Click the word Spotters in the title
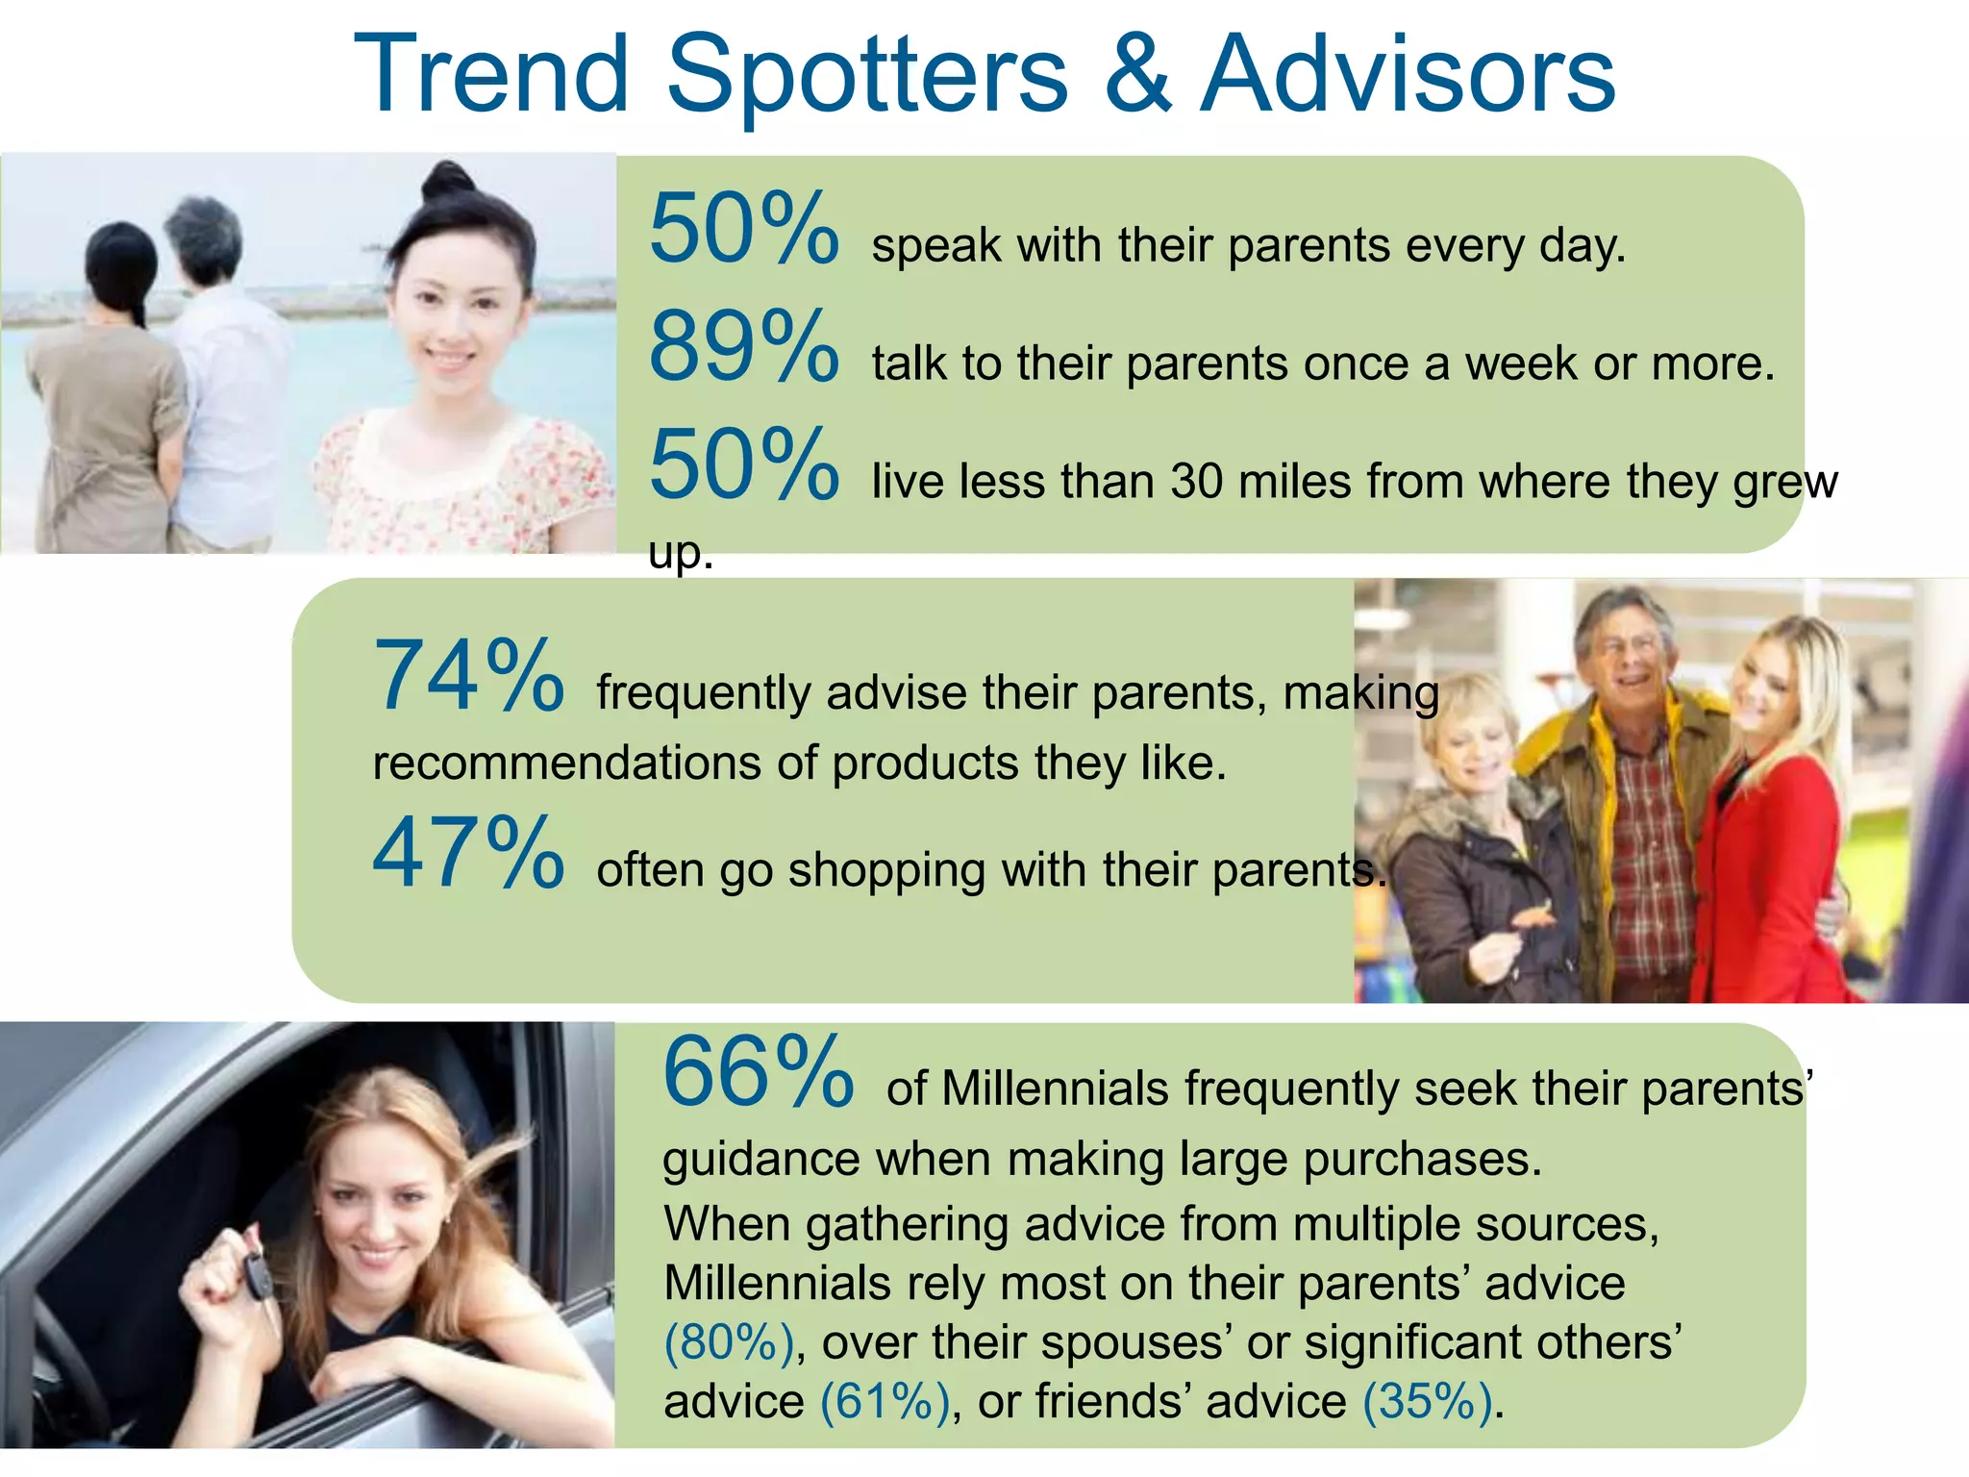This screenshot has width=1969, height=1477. click(867, 75)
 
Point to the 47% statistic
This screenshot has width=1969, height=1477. click(468, 853)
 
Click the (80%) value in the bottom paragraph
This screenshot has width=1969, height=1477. click(730, 1342)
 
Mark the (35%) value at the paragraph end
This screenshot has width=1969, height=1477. click(1428, 1401)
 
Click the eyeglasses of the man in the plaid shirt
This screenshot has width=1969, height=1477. click(1628, 644)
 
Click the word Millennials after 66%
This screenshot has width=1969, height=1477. click(1055, 1089)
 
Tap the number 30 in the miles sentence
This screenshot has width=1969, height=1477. click(1198, 481)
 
